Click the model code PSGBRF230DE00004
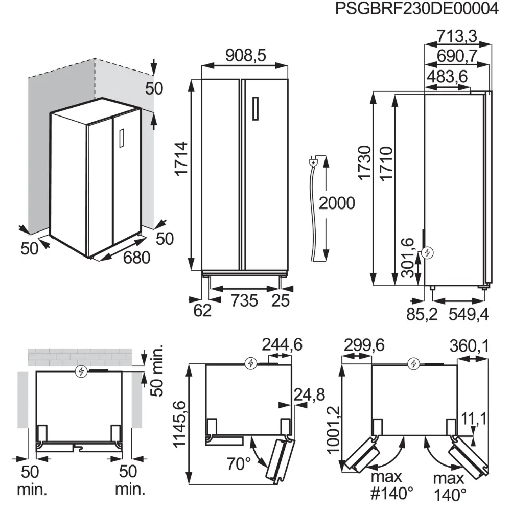point(416,10)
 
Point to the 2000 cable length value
point(336,203)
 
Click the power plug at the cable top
point(313,162)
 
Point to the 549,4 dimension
point(468,315)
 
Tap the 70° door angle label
point(239,464)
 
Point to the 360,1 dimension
point(469,346)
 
